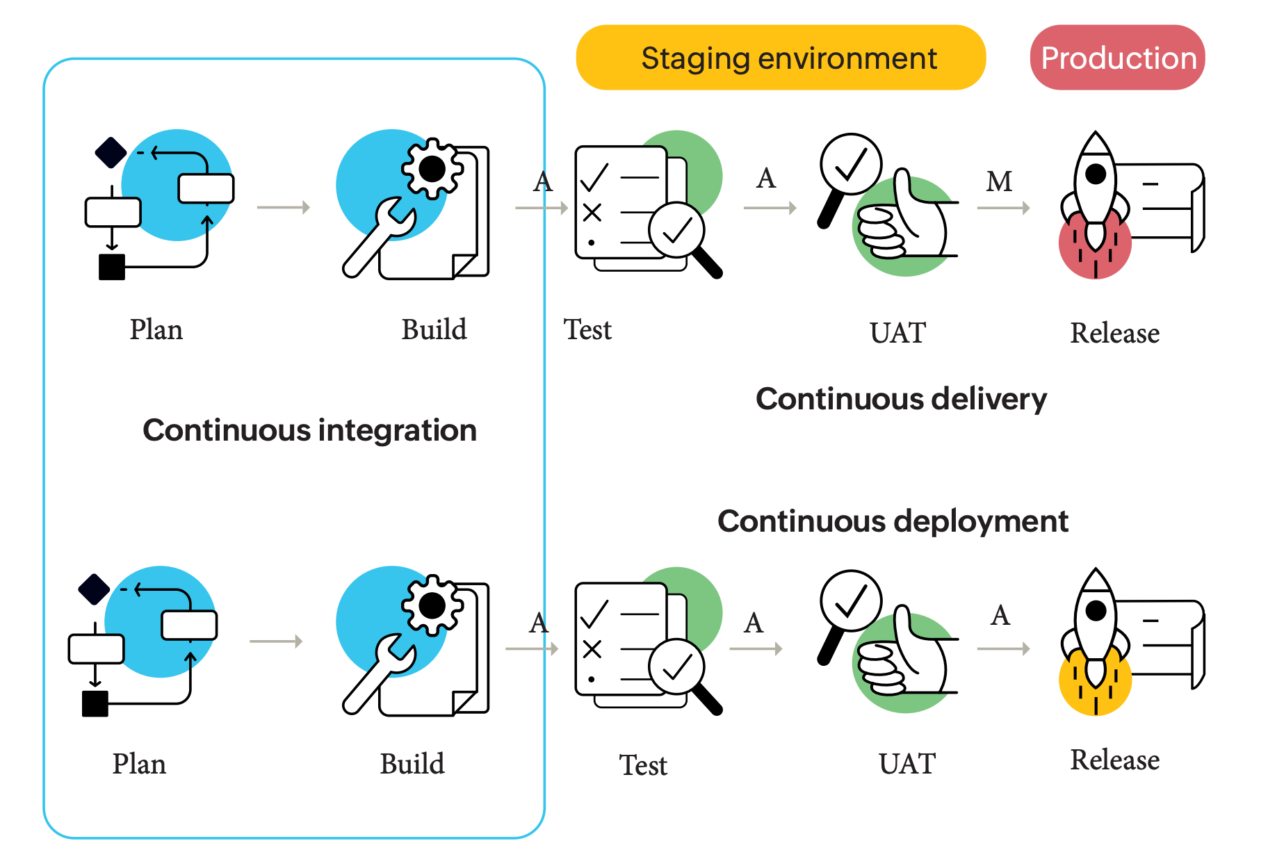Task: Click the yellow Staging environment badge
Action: tap(781, 58)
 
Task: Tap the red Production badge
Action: tap(1117, 58)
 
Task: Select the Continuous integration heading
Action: tap(309, 430)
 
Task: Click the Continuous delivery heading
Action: tap(901, 399)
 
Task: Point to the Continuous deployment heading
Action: tap(893, 521)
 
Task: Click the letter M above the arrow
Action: tap(999, 181)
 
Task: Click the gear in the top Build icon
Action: tap(432, 168)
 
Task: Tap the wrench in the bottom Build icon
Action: tap(379, 673)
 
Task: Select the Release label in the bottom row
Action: tap(1114, 760)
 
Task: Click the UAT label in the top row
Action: tap(897, 333)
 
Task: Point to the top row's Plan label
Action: tap(156, 329)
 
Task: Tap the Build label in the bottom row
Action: tap(412, 764)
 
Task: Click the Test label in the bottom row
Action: tap(643, 765)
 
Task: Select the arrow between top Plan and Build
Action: tap(283, 207)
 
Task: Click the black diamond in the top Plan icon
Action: tap(111, 152)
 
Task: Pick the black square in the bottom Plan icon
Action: tap(95, 703)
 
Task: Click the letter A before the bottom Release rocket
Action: tap(1000, 615)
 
